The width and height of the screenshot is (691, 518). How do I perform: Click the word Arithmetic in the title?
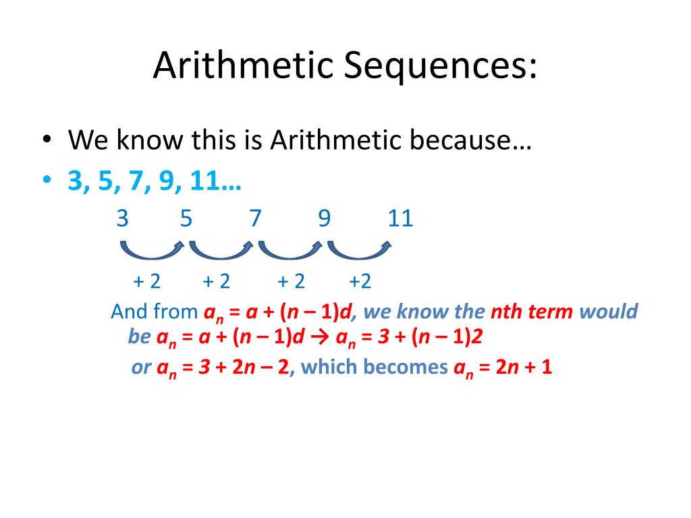[243, 66]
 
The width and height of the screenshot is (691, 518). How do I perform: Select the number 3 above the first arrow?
[122, 219]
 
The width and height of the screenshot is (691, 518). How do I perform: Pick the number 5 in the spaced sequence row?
[186, 219]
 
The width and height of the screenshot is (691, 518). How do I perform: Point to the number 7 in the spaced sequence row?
[255, 219]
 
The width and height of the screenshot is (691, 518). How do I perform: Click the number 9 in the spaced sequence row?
[325, 219]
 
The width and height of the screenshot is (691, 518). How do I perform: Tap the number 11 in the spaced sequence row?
[400, 219]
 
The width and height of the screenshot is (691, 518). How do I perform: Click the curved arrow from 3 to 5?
[152, 251]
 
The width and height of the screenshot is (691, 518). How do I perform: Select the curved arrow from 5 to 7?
[221, 251]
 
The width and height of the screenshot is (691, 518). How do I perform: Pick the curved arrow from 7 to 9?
[290, 251]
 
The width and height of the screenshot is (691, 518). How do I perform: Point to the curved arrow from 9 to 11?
[359, 251]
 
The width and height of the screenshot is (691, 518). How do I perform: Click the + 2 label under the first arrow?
[147, 281]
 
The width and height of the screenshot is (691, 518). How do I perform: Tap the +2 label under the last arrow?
[360, 281]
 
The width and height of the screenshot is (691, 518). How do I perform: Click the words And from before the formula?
[154, 312]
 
